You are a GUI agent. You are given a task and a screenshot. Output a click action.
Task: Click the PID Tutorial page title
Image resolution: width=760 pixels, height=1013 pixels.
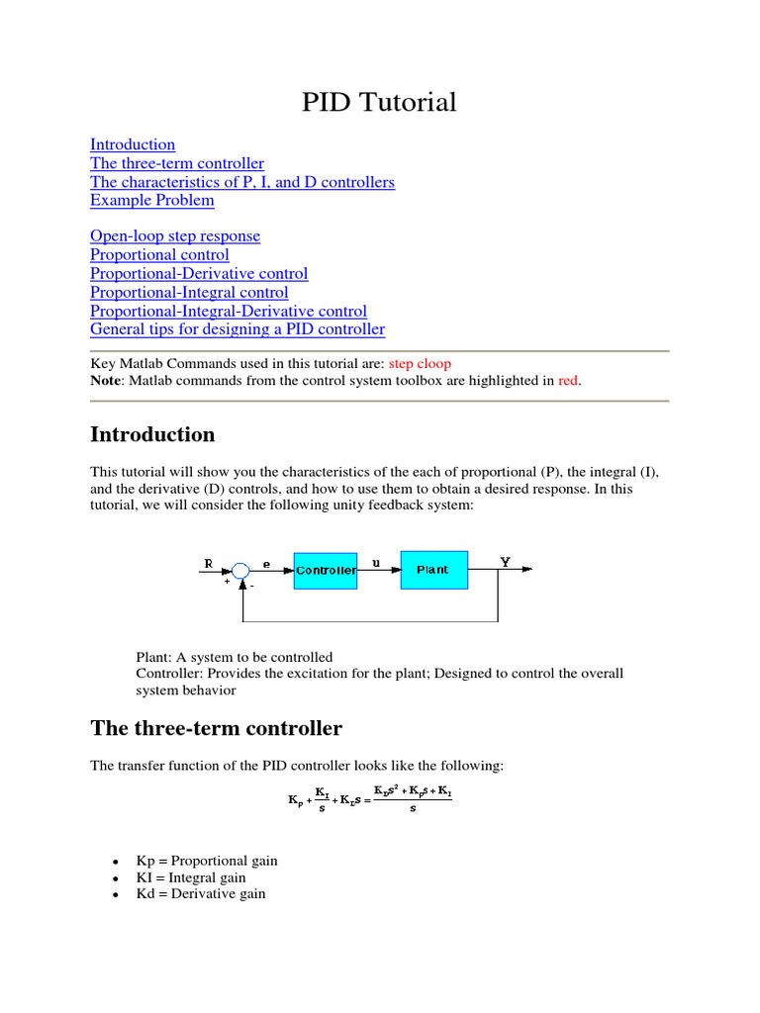379,102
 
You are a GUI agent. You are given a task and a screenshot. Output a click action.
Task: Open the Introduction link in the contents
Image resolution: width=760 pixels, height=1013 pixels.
133,144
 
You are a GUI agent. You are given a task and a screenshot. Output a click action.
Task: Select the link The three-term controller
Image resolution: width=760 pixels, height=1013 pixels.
177,163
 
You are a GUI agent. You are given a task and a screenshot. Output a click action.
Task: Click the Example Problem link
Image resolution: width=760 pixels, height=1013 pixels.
151,201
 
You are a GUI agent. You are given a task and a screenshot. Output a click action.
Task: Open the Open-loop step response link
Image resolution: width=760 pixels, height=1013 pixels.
175,236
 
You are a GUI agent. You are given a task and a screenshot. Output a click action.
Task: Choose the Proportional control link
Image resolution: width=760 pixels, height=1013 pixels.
159,255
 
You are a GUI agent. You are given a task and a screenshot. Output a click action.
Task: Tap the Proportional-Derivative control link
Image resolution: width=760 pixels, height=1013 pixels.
199,274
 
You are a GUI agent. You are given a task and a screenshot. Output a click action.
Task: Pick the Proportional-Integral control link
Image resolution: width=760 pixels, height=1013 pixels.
189,293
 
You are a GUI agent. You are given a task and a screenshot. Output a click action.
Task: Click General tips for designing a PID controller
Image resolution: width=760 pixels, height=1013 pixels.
237,329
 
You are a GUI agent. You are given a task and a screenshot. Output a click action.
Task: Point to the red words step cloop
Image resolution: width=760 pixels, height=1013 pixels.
419,363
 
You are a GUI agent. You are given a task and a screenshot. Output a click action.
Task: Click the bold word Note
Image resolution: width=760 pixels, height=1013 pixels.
107,381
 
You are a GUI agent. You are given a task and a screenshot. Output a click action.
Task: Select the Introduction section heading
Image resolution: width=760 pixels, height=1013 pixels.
152,435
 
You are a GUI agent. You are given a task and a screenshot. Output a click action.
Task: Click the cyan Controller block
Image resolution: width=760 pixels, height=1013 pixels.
326,570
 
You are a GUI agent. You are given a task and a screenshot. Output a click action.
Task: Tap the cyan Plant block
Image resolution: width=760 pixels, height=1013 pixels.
432,570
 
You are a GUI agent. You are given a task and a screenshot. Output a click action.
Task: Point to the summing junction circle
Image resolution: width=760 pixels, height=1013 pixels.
241,570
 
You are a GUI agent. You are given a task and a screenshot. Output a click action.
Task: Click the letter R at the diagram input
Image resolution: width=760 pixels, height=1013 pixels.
209,563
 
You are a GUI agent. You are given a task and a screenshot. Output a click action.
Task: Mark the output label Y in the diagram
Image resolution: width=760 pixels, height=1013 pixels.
505,561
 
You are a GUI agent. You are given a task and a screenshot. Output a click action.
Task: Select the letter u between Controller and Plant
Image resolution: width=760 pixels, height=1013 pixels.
376,562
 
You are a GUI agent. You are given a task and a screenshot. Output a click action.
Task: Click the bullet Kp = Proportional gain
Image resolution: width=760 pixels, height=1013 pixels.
206,861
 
